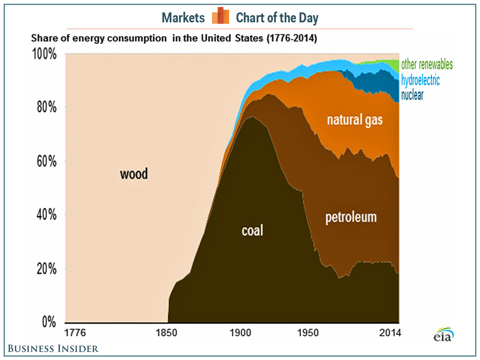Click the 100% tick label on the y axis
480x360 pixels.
(44, 54)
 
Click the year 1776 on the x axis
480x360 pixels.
(76, 333)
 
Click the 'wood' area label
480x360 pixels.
(134, 174)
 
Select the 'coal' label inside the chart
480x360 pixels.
(253, 231)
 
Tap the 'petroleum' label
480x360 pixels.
(351, 217)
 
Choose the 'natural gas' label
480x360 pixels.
(355, 120)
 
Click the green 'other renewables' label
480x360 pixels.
(427, 64)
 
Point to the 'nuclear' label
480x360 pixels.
(412, 95)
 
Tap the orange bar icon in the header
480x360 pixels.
(220, 16)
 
